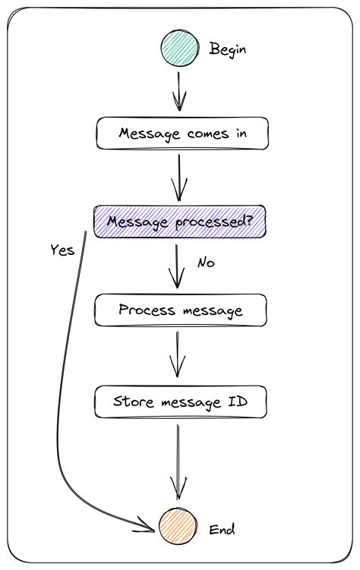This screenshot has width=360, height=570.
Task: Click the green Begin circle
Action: point(179,49)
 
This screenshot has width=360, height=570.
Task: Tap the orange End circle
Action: point(177,527)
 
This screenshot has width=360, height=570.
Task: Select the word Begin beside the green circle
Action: point(229,49)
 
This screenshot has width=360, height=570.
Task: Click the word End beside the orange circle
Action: point(223,528)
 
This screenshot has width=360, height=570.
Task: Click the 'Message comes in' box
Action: point(182,134)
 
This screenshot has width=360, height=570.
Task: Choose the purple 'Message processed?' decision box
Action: point(179,222)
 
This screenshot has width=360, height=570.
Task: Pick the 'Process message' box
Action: point(180,310)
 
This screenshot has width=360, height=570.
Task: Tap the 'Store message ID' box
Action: point(181,402)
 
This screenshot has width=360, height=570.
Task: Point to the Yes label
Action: point(62,250)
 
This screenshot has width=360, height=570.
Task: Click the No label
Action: point(206,263)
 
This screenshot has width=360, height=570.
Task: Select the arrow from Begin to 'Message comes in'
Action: point(180,91)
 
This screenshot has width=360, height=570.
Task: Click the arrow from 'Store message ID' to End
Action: point(178,463)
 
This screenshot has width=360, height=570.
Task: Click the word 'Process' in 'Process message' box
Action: point(146,310)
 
